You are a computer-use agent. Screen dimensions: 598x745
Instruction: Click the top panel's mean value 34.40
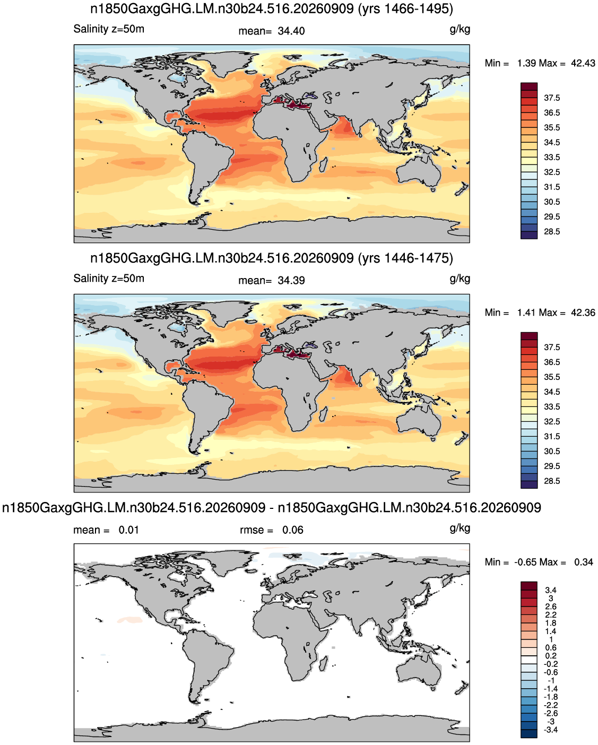click(291, 31)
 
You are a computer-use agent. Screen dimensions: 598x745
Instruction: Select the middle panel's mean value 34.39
click(291, 280)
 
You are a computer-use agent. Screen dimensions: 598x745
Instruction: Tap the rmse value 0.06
click(292, 530)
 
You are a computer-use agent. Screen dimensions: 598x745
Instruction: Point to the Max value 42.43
click(583, 63)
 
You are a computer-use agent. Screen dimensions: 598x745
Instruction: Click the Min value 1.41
click(526, 313)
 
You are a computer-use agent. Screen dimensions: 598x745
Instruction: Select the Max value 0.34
click(584, 562)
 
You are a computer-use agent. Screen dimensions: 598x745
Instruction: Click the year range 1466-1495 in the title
click(417, 8)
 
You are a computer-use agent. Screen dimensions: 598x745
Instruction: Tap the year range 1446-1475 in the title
click(417, 258)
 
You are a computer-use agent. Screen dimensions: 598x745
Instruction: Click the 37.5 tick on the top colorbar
click(552, 98)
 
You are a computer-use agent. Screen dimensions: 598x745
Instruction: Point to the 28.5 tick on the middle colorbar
click(552, 481)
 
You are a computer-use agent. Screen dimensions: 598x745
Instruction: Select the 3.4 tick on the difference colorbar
click(551, 590)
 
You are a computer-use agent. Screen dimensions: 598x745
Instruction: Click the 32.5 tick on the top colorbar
click(552, 172)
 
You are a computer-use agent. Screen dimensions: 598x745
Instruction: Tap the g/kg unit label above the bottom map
click(460, 529)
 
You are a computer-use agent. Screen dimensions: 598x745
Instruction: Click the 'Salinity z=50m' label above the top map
click(109, 29)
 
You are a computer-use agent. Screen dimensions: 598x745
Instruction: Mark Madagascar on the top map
click(324, 165)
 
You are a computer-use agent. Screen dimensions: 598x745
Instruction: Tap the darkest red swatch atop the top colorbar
click(528, 86)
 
